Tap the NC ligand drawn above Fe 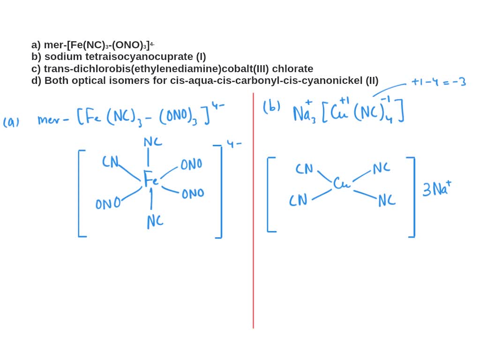click(x=153, y=142)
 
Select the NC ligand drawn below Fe click(x=155, y=221)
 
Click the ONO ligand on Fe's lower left click(x=107, y=204)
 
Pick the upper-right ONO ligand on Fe click(x=191, y=164)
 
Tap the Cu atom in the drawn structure click(x=341, y=183)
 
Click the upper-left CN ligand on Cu click(x=304, y=168)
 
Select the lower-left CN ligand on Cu click(x=298, y=200)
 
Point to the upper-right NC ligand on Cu click(x=381, y=168)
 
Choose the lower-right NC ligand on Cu click(x=387, y=200)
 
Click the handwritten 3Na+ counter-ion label click(x=436, y=188)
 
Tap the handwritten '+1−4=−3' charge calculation click(x=438, y=82)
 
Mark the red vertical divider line click(x=253, y=211)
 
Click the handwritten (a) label click(x=11, y=122)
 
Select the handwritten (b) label click(x=271, y=107)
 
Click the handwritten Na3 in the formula click(x=304, y=113)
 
